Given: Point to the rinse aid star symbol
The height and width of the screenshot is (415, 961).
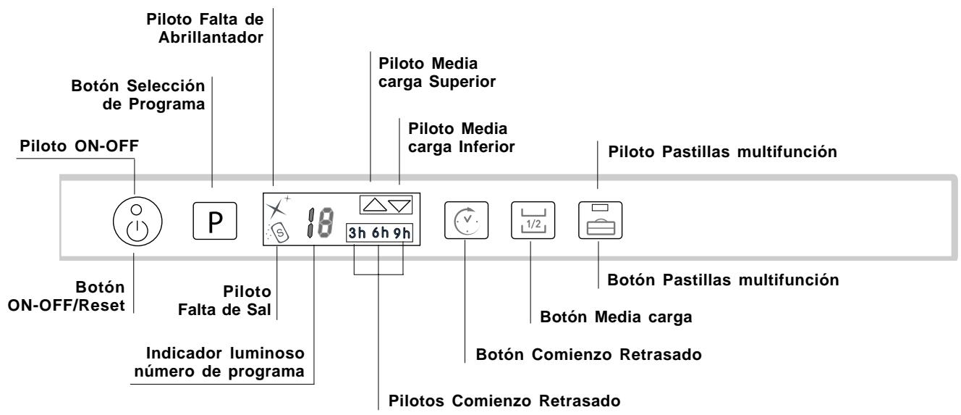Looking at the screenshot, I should point(274,209).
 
